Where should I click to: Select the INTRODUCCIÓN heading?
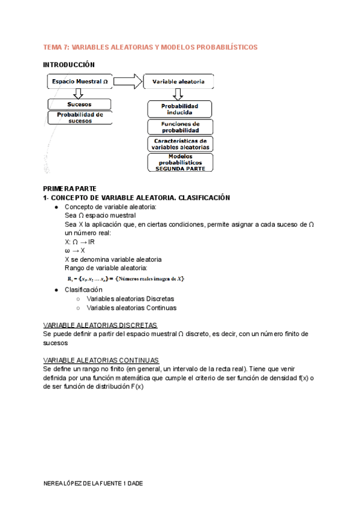69,64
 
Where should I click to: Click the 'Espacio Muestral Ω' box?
79,81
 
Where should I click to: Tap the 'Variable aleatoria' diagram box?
178,81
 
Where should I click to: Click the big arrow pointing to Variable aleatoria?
128,81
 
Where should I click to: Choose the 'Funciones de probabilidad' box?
180,127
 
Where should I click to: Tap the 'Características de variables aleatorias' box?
180,144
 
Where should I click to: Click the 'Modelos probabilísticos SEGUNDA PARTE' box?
180,163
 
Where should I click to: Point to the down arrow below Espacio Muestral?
77,93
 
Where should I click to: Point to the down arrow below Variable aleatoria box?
178,94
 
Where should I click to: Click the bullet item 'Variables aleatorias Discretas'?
130,298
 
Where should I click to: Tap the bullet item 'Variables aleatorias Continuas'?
131,308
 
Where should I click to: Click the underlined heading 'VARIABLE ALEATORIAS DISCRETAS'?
100,324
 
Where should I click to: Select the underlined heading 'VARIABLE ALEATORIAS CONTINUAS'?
101,360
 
